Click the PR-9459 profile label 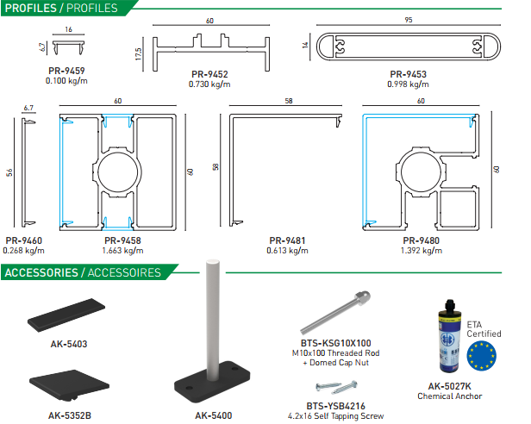pyautogui.click(x=66, y=72)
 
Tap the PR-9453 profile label pyautogui.click(x=409, y=75)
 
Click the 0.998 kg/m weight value pyautogui.click(x=409, y=84)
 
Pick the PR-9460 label pyautogui.click(x=24, y=240)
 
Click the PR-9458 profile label pyautogui.click(x=122, y=240)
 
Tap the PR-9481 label pyautogui.click(x=285, y=240)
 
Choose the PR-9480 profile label pyautogui.click(x=422, y=240)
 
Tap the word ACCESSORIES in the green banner pyautogui.click(x=41, y=273)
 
